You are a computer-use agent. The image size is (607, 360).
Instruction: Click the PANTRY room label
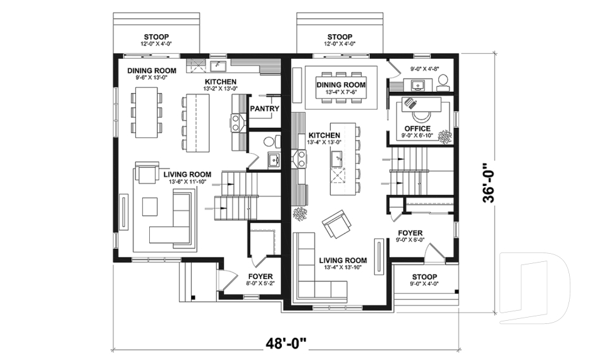(264, 109)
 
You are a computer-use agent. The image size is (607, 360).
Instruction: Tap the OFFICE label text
(417, 129)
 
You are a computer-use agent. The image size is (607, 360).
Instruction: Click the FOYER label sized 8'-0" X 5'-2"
(260, 276)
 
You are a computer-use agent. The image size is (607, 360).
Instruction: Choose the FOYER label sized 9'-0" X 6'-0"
(410, 233)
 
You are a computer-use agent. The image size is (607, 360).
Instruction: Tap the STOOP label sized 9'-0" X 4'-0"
(424, 277)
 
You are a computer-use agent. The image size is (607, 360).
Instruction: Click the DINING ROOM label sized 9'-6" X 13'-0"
(151, 71)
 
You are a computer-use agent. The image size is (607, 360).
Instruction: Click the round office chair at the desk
(420, 114)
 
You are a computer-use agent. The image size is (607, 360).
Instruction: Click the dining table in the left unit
(146, 113)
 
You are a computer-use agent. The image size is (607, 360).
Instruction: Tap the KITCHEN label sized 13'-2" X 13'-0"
(220, 82)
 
